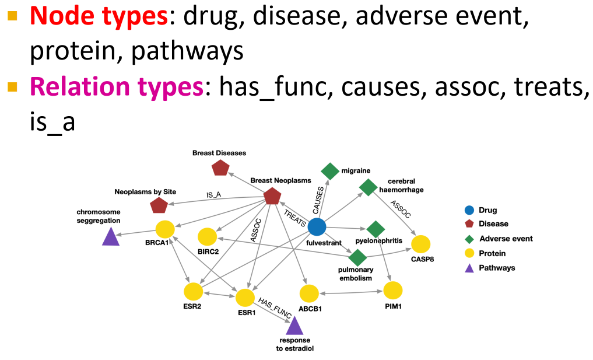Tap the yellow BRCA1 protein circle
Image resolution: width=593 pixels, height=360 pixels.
(165, 229)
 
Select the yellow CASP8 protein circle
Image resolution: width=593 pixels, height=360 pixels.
(420, 244)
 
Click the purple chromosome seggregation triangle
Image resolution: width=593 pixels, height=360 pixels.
(111, 236)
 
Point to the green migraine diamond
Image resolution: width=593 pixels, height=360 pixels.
(330, 171)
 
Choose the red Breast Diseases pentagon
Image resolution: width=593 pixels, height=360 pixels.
(220, 168)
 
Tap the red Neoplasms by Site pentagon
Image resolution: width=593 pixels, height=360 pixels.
(159, 205)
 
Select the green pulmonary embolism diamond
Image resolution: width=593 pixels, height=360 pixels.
(357, 257)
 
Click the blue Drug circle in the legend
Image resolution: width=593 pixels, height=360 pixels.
(468, 210)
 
